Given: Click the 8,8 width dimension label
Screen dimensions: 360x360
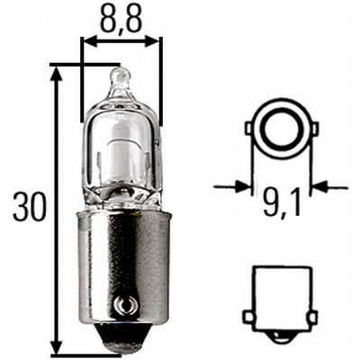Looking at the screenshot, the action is [120, 19].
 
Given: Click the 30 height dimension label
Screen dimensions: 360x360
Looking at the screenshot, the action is [30, 207].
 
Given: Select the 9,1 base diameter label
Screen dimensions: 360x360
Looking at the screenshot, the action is [282, 202].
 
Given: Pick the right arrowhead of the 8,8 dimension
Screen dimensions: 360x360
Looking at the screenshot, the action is [151, 42].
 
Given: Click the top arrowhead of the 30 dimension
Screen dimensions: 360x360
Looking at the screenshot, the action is [57, 74].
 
